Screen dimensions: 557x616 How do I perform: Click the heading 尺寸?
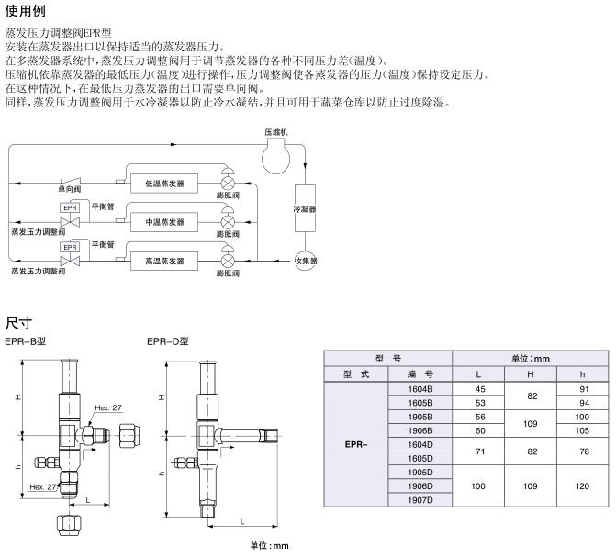(18, 322)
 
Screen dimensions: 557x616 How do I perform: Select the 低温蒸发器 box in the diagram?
(164, 184)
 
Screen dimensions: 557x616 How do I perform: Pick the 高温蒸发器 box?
(164, 262)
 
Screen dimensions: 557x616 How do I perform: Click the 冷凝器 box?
(305, 209)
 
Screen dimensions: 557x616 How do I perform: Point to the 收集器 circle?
(305, 262)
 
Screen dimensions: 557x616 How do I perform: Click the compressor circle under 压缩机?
(275, 157)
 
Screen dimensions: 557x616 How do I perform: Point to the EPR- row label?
(356, 443)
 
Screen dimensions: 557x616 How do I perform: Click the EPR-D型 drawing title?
(168, 341)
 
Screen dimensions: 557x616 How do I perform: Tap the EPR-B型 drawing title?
(26, 341)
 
